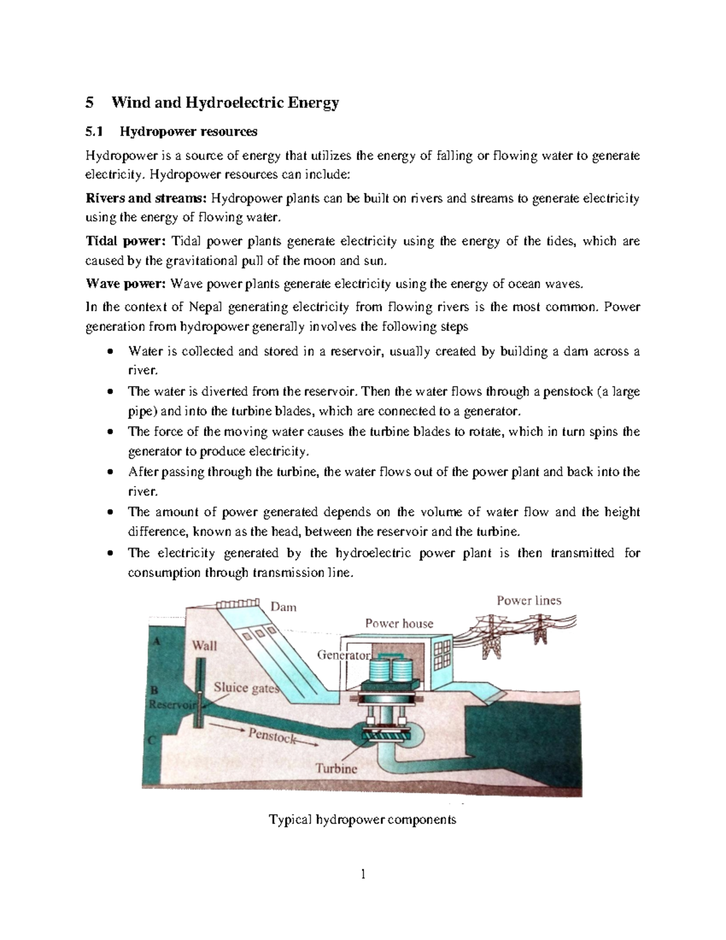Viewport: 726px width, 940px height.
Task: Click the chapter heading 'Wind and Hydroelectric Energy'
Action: tap(224, 103)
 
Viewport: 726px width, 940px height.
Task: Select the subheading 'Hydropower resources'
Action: tap(189, 131)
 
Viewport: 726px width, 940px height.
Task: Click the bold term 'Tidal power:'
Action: tap(125, 242)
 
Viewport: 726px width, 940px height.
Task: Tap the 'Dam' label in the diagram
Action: tap(283, 606)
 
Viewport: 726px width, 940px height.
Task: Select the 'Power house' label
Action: tap(399, 623)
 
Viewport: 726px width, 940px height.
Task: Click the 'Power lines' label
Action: tap(529, 600)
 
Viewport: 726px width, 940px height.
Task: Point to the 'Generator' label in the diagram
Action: tap(343, 655)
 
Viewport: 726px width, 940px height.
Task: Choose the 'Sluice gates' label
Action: tap(246, 688)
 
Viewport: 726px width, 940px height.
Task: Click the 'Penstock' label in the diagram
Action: tap(272, 737)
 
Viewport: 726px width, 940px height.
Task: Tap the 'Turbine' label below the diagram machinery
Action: tap(336, 769)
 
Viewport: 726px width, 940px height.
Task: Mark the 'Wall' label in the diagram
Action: tap(204, 645)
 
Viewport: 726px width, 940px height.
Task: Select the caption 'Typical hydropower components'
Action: tap(362, 820)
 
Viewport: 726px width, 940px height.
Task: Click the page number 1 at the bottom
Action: tap(363, 875)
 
